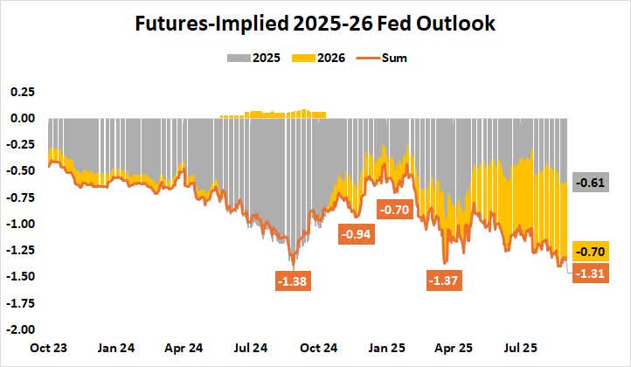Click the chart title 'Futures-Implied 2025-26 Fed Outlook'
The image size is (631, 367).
315,24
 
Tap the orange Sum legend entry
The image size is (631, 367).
392,59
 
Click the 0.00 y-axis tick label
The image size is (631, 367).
21,118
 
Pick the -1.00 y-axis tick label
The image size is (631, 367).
19,224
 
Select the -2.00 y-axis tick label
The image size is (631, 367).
19,329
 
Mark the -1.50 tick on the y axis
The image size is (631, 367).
19,276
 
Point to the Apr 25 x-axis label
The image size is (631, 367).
454,347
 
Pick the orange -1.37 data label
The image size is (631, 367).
444,280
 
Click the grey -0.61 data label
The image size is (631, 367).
590,183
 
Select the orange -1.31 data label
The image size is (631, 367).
590,274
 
